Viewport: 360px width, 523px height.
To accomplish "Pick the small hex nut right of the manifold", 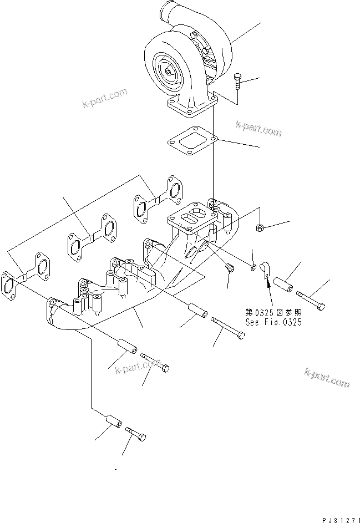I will (x=260, y=227).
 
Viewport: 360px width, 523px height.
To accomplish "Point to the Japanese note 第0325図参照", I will (x=273, y=312).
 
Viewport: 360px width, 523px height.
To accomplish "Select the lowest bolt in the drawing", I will (x=136, y=434).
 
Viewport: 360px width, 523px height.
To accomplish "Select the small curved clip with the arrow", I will (x=266, y=269).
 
